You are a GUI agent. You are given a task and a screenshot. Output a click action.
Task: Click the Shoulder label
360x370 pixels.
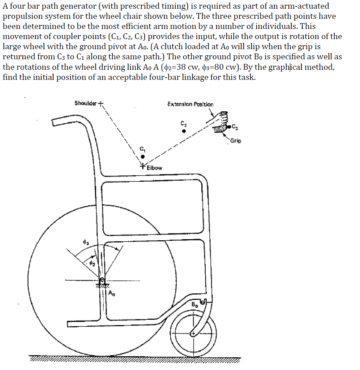(85, 103)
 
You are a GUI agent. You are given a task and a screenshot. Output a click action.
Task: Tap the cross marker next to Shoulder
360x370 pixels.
(101, 104)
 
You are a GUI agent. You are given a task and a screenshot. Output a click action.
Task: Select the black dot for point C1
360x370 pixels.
(142, 157)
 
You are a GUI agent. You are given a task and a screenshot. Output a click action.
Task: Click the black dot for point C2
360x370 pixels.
(184, 131)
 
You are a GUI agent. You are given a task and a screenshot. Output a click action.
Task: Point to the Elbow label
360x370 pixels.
(154, 168)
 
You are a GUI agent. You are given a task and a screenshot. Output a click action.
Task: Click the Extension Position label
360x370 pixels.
(190, 104)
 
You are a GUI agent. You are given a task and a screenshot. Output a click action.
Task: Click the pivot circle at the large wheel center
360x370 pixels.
(102, 280)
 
